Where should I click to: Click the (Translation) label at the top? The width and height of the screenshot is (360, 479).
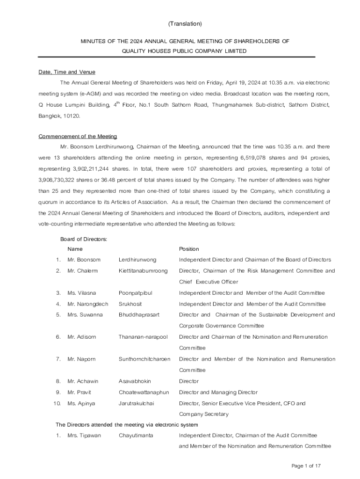point(185,23)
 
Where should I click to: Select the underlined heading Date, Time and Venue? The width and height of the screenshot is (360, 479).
point(66,72)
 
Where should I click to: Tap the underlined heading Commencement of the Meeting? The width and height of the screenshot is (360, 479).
point(78,136)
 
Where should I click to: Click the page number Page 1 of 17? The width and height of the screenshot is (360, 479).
point(306,466)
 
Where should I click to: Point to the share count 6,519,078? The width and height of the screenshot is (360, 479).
point(255,158)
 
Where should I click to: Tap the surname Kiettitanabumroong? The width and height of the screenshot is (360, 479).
point(143,271)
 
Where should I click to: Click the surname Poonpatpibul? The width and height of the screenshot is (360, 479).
point(136,293)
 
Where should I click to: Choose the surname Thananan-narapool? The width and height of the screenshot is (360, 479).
point(143,337)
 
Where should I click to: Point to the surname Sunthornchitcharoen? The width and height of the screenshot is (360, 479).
point(144,359)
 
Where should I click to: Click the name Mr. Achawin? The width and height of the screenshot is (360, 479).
point(83,381)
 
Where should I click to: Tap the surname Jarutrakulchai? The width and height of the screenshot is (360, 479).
point(137,403)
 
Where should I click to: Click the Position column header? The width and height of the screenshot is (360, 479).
point(189,249)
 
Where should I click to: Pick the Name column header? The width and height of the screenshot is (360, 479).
point(75,249)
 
